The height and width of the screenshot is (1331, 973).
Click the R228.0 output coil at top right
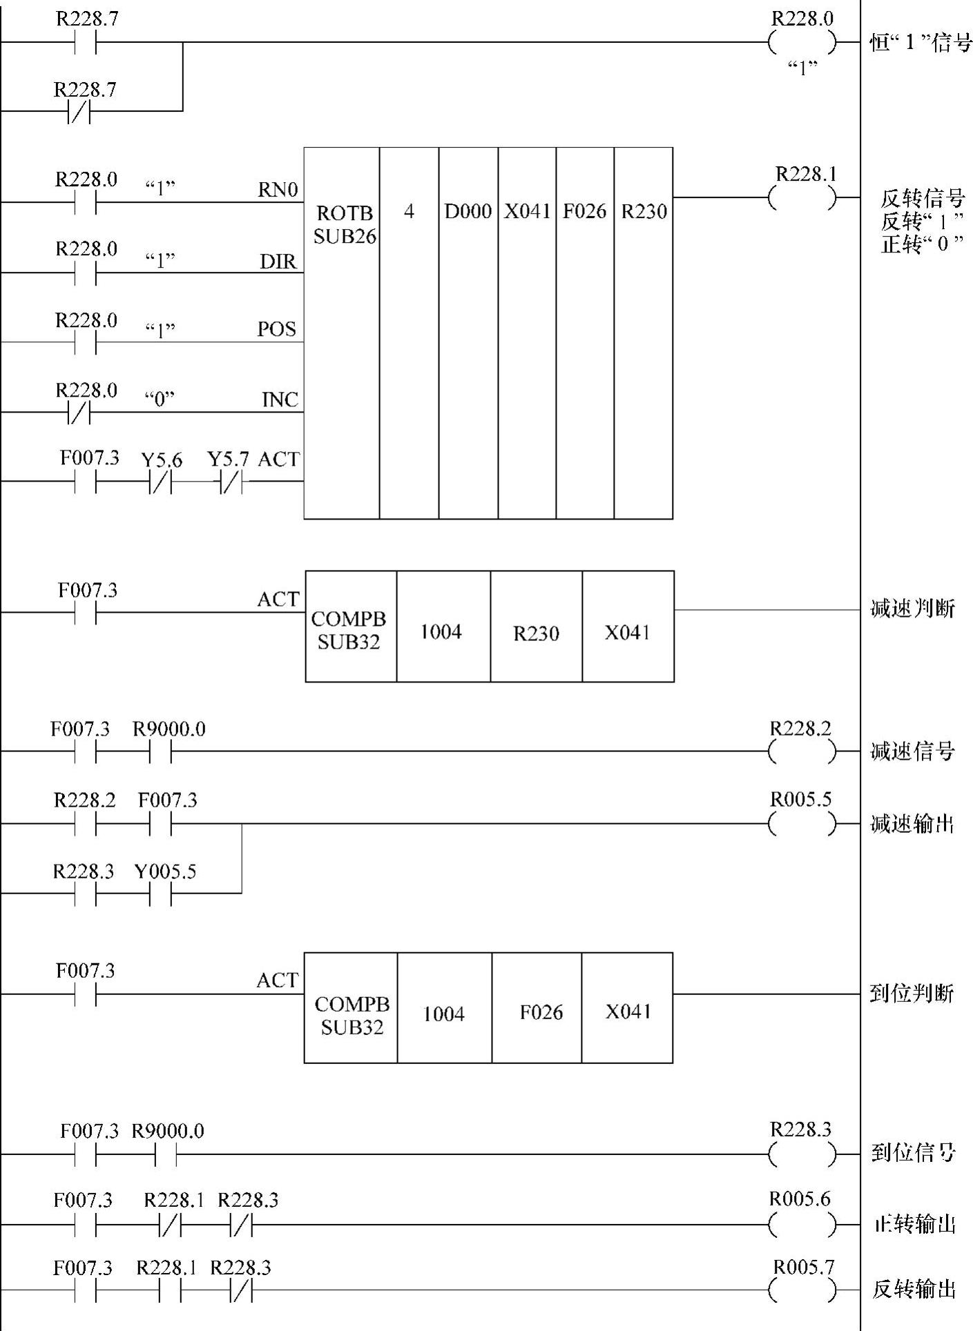pyautogui.click(x=801, y=43)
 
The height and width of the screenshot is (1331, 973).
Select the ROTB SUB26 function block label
pyautogui.click(x=344, y=224)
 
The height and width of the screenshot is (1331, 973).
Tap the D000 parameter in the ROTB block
pyautogui.click(x=468, y=211)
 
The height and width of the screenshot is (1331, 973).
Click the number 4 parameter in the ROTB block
pyautogui.click(x=409, y=211)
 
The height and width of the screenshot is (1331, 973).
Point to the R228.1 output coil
pyautogui.click(x=801, y=199)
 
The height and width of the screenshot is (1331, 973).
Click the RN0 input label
pyautogui.click(x=278, y=190)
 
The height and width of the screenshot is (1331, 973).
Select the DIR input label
pyautogui.click(x=278, y=262)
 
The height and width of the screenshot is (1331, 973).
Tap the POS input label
pyautogui.click(x=277, y=329)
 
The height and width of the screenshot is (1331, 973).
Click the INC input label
pyautogui.click(x=280, y=400)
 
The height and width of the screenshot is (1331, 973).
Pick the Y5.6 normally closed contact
pyautogui.click(x=160, y=482)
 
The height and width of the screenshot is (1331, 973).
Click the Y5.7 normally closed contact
pyautogui.click(x=231, y=482)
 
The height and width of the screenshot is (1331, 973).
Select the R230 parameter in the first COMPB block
pyautogui.click(x=536, y=633)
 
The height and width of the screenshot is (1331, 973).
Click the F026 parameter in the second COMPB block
pyautogui.click(x=541, y=1012)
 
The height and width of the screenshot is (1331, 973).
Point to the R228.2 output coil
pyautogui.click(x=801, y=751)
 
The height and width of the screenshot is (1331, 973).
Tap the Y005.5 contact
pyautogui.click(x=160, y=894)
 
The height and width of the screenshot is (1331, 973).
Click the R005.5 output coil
pyautogui.click(x=801, y=823)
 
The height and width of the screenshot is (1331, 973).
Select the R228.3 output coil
pyautogui.click(x=801, y=1153)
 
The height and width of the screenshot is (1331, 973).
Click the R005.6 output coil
pyautogui.click(x=801, y=1225)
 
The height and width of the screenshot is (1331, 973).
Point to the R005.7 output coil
pyautogui.click(x=801, y=1290)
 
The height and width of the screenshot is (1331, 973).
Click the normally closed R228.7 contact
pyautogui.click(x=79, y=110)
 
